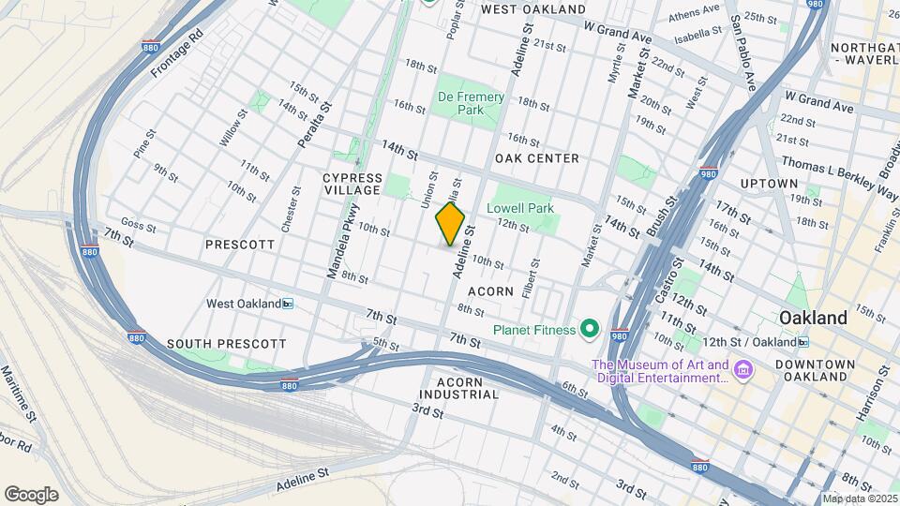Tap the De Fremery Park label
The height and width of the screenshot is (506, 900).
click(x=471, y=103)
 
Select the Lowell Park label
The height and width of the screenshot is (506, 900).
click(x=519, y=208)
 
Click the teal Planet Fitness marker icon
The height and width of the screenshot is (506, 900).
click(x=589, y=329)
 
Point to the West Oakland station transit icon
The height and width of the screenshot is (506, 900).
click(x=288, y=304)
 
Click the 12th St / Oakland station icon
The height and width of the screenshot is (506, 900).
click(x=803, y=342)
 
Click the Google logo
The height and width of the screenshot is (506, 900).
click(x=31, y=494)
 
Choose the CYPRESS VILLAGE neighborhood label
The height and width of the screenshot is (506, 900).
click(x=352, y=184)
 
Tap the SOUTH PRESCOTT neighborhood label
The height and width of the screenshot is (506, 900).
click(x=226, y=344)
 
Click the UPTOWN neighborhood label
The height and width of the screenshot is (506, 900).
click(x=768, y=183)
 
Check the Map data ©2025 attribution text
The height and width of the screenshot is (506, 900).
click(x=858, y=499)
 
